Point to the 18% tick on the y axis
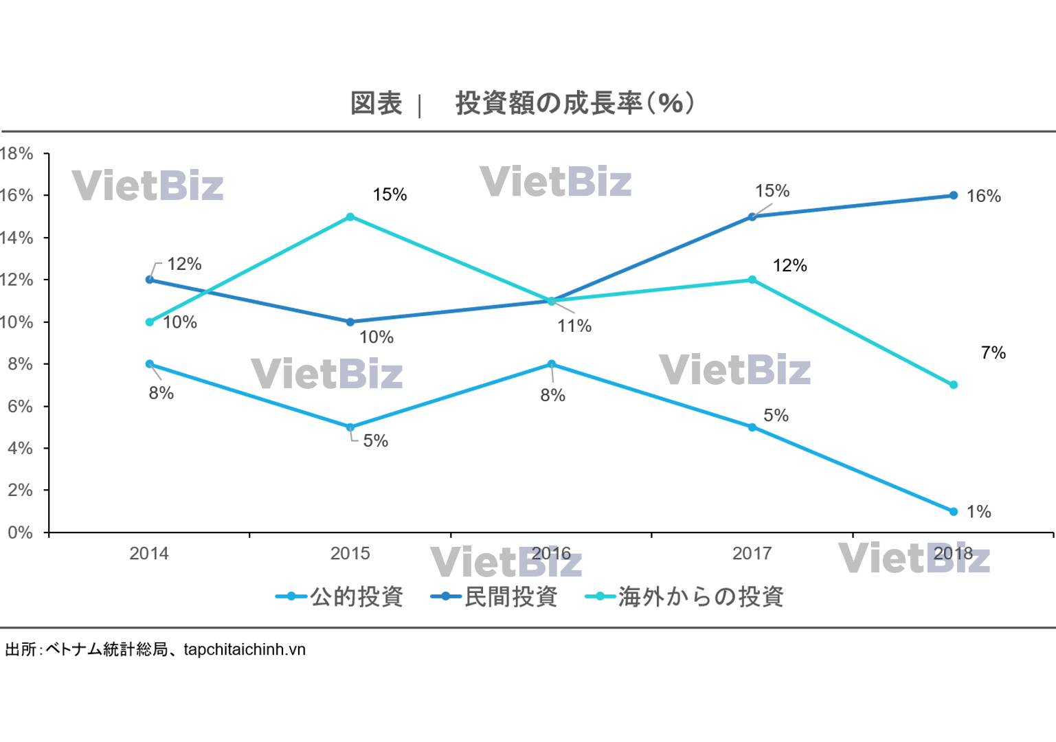[x=16, y=153]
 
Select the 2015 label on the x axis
[x=350, y=553]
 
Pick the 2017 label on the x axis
[x=752, y=553]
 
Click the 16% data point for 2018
[x=953, y=195]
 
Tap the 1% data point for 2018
[x=953, y=511]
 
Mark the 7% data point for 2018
[x=953, y=385]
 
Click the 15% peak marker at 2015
[x=350, y=216]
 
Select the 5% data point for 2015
[x=350, y=427]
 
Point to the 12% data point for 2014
[x=150, y=280]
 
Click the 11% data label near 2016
[x=574, y=326]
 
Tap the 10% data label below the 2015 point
[x=377, y=337]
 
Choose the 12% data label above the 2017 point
[x=789, y=266]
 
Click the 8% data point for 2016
[x=551, y=364]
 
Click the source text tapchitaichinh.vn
[x=245, y=649]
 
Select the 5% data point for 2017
[x=752, y=427]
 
